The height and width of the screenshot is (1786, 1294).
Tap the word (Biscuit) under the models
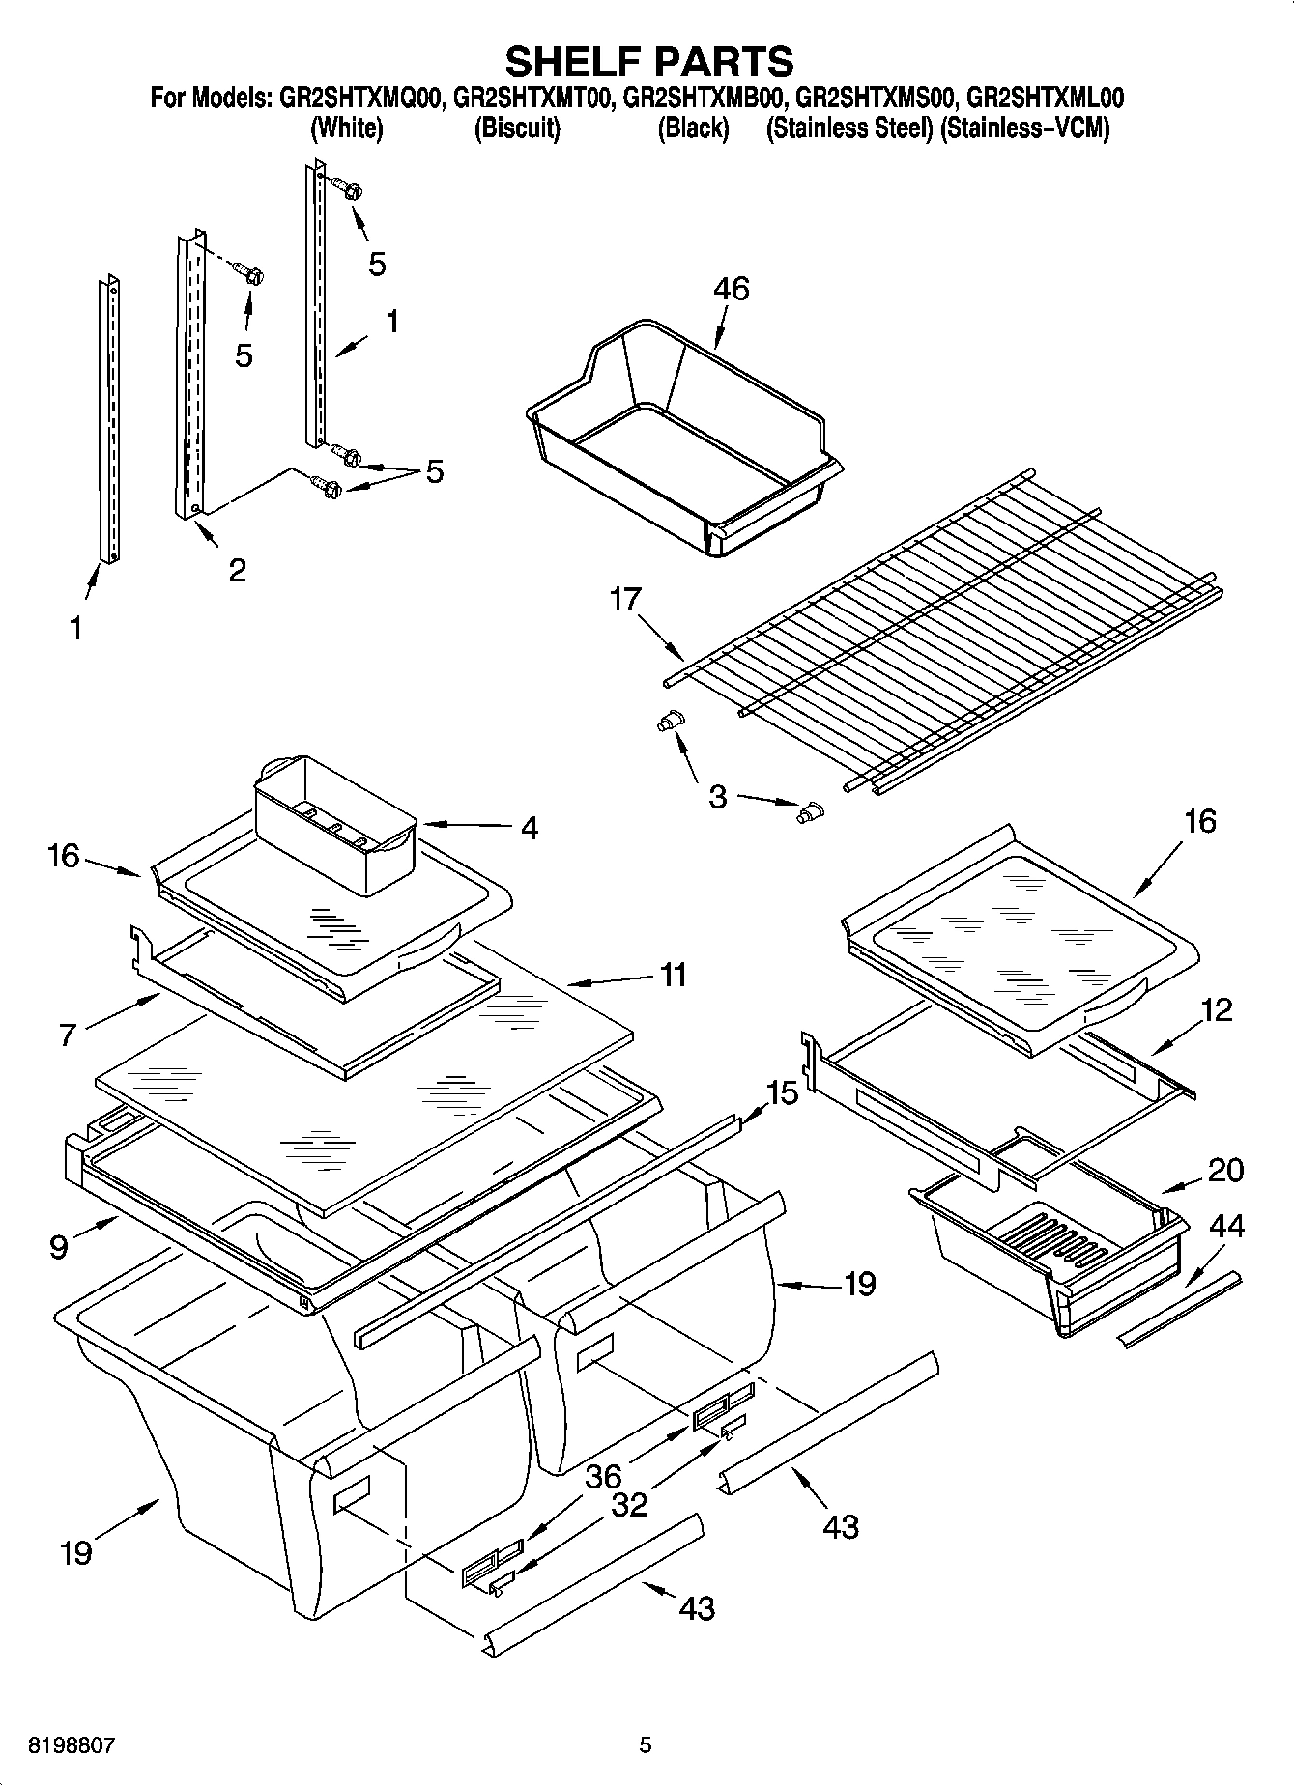(x=516, y=128)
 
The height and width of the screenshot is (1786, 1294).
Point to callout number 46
(x=731, y=289)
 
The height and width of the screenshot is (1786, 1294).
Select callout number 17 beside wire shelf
(x=625, y=600)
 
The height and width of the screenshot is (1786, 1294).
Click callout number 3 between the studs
(x=717, y=798)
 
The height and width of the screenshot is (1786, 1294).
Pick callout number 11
(x=673, y=975)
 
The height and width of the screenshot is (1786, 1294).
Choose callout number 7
(x=67, y=1035)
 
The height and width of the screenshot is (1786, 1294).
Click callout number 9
(x=59, y=1247)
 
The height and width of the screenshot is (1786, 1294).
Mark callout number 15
(x=783, y=1093)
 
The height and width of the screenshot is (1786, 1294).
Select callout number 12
(x=1217, y=1010)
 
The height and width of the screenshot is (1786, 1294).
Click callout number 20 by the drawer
(x=1225, y=1170)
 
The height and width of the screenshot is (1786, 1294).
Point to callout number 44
(x=1226, y=1226)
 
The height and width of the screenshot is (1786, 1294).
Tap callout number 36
(x=603, y=1477)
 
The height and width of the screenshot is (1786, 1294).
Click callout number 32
(x=630, y=1504)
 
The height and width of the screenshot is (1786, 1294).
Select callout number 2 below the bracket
(x=237, y=570)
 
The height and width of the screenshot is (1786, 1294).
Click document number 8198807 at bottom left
(x=72, y=1745)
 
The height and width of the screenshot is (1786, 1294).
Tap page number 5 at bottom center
(x=645, y=1745)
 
